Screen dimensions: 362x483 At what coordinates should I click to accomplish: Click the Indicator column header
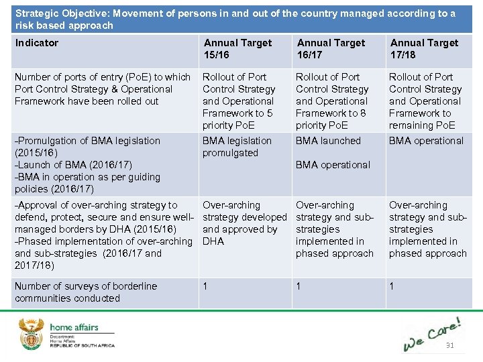point(37,43)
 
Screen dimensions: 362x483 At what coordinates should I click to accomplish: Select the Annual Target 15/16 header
point(237,49)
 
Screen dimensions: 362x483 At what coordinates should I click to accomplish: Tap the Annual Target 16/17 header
point(331,49)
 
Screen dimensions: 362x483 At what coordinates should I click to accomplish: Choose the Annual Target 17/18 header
point(424,49)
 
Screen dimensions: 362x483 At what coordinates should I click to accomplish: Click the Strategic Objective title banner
point(235,19)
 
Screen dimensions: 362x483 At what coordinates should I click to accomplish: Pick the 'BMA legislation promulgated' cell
point(237,147)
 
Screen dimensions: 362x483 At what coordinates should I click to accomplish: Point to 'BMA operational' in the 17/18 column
point(426,141)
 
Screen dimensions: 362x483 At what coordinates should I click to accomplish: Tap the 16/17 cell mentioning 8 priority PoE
point(332,101)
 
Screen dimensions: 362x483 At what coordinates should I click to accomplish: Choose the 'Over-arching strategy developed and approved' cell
point(244,223)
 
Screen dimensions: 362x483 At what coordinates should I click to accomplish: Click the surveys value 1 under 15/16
point(206,286)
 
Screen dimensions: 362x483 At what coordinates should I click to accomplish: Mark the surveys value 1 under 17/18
point(392,286)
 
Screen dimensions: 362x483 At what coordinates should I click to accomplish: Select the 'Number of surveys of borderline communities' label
point(85,292)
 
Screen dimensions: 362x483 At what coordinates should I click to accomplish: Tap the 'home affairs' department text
point(74,328)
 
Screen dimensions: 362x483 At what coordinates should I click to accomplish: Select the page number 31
point(449,346)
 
